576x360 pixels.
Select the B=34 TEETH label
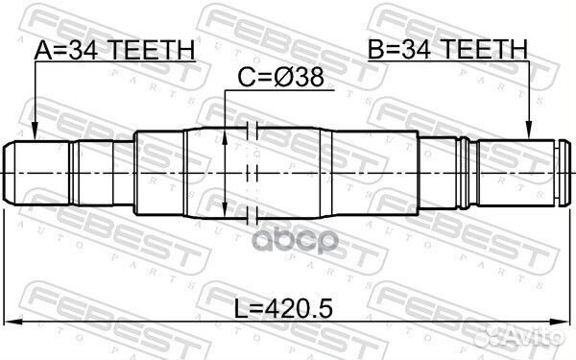[x=448, y=49]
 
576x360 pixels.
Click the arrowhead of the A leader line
[x=34, y=135]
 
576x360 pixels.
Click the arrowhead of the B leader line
[x=529, y=135]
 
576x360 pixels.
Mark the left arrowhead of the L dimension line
[x=12, y=321]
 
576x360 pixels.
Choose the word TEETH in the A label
[x=155, y=50]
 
